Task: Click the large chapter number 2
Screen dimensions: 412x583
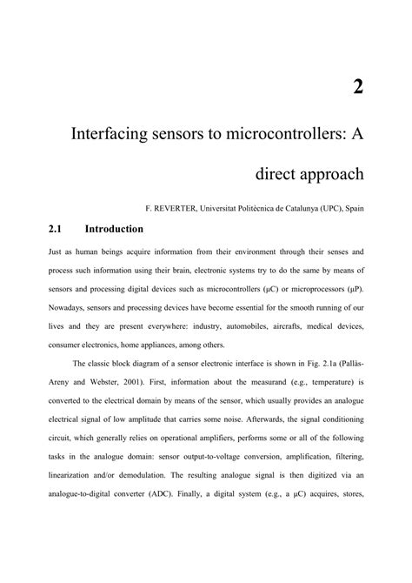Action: (357, 85)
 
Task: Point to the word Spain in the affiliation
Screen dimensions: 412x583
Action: (352, 209)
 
